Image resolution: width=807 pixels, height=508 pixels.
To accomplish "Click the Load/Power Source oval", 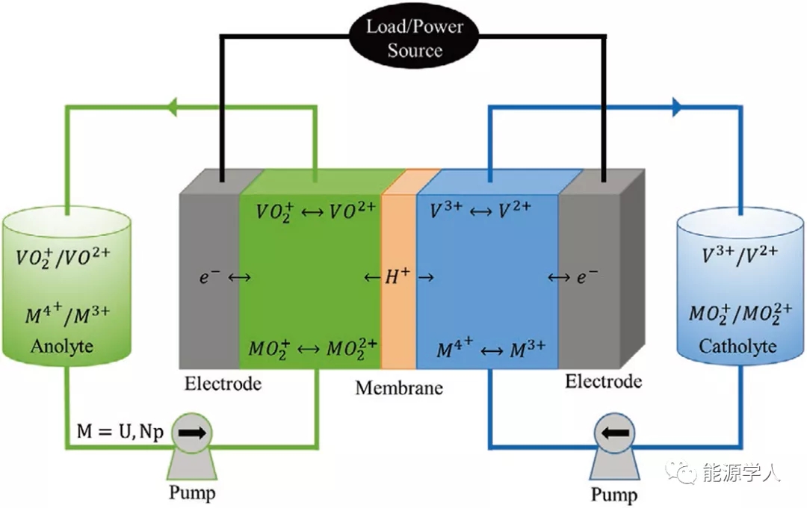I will pyautogui.click(x=415, y=39).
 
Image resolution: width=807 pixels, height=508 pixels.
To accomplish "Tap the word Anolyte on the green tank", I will pyautogui.click(x=62, y=347).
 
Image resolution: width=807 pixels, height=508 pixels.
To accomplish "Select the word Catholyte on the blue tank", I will pyautogui.click(x=737, y=347).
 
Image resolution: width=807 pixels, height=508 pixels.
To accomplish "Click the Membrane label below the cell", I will pyautogui.click(x=399, y=388).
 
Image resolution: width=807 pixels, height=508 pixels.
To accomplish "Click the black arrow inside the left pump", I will pyautogui.click(x=192, y=433).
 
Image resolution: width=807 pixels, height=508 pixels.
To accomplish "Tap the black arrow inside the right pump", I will pyautogui.click(x=614, y=433).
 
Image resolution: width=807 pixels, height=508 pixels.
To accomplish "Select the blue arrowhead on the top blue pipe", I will pyautogui.click(x=676, y=108).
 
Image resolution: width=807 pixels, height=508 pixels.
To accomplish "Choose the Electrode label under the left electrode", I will pyautogui.click(x=223, y=384).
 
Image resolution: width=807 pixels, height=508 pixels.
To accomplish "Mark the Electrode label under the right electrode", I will pyautogui.click(x=603, y=382).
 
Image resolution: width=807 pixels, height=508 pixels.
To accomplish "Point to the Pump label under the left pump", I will pyautogui.click(x=192, y=492).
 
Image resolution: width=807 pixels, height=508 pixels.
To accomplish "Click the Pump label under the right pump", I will pyautogui.click(x=614, y=494).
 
